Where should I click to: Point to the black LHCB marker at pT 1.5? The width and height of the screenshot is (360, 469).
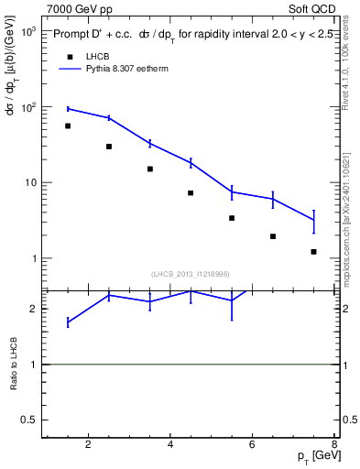68,126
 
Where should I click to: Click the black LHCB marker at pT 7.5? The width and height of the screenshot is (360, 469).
313,251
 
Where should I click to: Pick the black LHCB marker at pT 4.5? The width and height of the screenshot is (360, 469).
191,193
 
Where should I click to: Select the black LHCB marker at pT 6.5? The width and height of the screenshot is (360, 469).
273,236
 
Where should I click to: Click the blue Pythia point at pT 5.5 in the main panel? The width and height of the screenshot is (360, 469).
232,192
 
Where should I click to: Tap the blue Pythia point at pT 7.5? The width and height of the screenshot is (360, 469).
313,220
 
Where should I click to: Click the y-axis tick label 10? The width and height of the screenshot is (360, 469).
30,182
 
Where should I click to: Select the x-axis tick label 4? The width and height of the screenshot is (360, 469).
170,446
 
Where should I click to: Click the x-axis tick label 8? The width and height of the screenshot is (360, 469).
334,446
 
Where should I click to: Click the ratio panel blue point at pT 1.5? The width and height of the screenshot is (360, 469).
68,322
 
